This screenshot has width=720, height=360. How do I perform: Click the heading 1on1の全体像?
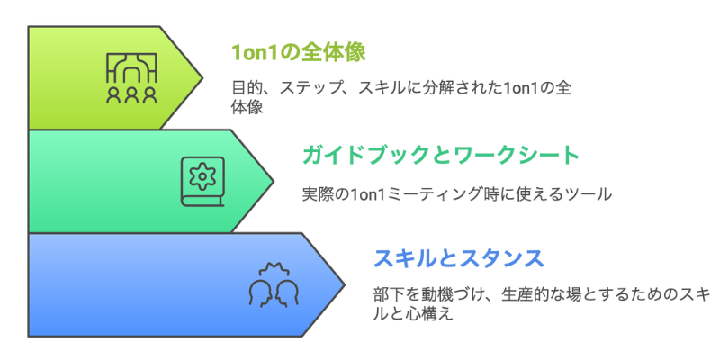coord(298,52)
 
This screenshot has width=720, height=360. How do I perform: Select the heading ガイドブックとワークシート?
coord(441,156)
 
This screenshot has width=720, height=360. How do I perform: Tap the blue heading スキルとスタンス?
coord(458,259)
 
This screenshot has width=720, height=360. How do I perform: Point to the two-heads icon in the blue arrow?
coord(273,284)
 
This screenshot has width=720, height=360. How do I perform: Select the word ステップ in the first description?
coord(308,89)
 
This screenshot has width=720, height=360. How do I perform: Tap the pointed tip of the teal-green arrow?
coord(274,181)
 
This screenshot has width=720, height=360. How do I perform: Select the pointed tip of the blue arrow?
coord(345,284)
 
